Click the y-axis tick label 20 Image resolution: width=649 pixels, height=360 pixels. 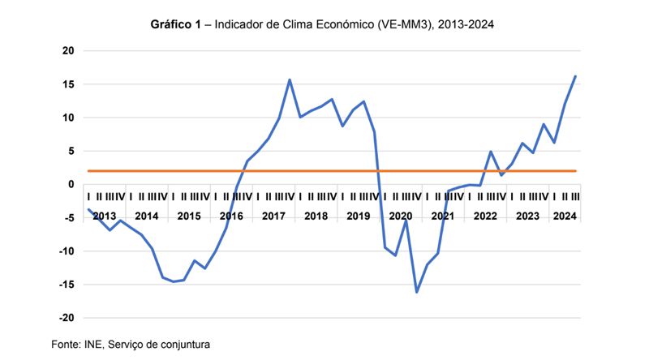[68, 51]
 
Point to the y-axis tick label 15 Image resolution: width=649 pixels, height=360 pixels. [68, 84]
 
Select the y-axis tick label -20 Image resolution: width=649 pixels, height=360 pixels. [67, 318]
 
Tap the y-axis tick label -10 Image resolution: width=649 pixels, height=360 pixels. [67, 251]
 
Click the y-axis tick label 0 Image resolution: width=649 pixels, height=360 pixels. [71, 185]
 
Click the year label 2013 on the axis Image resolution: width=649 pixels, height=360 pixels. [104, 216]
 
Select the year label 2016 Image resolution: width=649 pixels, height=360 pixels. [231, 216]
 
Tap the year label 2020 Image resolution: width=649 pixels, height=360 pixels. [401, 216]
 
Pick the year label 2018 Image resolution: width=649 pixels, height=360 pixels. [316, 216]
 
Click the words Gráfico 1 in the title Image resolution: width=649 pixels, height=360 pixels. [176, 25]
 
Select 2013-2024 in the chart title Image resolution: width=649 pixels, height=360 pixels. [465, 25]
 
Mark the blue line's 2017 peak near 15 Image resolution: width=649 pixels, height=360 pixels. [290, 79]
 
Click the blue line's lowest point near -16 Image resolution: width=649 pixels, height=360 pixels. [417, 292]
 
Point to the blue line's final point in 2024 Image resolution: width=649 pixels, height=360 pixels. [575, 76]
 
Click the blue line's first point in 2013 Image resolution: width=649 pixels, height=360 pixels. [88, 210]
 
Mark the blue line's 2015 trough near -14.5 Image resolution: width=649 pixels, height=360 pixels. [173, 281]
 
